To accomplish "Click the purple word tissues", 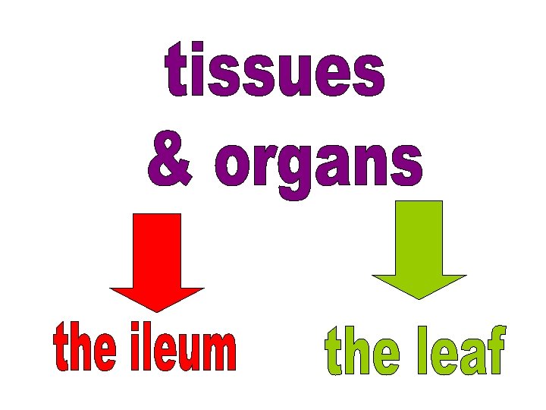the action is pos(275,73).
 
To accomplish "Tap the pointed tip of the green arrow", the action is pos(419,297).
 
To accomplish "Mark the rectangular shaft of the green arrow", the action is pos(419,236).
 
